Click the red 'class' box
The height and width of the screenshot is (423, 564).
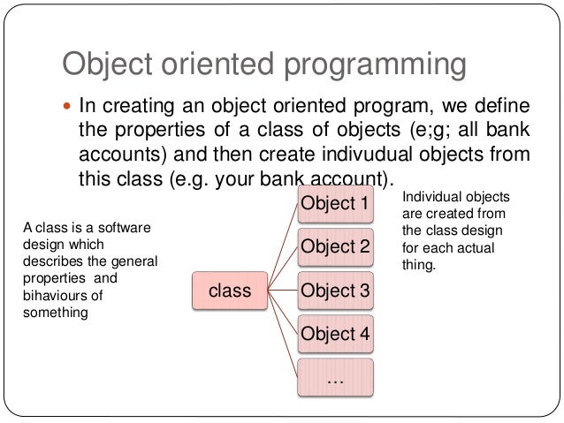coord(229,289)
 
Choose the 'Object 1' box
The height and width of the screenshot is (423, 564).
coord(335,203)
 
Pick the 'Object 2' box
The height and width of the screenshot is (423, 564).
coord(335,246)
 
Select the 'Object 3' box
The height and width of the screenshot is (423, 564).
coord(335,290)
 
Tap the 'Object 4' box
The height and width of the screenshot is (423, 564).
coord(335,333)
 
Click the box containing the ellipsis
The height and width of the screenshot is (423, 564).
coord(335,376)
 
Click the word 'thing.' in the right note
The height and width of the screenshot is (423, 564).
coord(419,263)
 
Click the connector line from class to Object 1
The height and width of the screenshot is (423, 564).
coord(282,247)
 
